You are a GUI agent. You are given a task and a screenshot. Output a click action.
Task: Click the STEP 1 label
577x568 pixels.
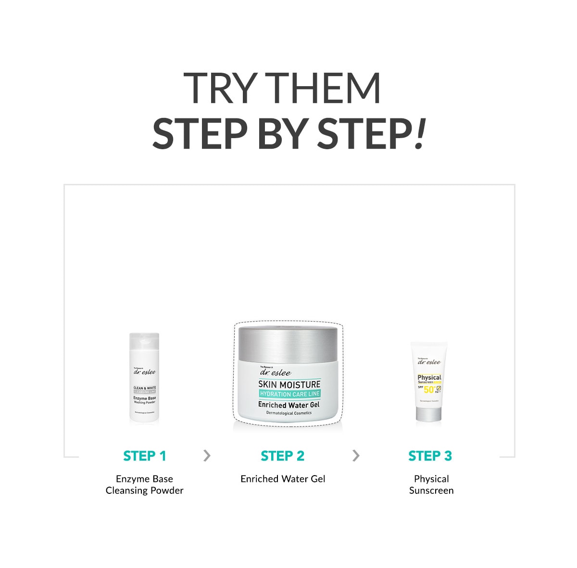[144, 456]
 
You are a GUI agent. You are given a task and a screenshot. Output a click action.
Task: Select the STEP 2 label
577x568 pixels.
[283, 456]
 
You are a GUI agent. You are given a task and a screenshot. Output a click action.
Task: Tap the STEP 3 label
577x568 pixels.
[430, 456]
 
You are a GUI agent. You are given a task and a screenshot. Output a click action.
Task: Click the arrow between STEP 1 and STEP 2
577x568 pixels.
[207, 455]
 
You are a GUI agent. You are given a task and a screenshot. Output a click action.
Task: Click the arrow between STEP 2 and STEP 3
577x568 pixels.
[356, 455]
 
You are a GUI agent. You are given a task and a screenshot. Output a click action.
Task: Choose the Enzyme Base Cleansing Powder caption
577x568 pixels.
[144, 485]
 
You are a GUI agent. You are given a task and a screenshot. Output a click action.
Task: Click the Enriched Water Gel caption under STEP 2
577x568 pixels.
[283, 479]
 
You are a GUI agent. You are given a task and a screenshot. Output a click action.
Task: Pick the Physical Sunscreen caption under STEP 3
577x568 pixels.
[431, 485]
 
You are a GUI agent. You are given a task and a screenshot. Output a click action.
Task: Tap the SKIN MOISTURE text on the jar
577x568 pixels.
[289, 384]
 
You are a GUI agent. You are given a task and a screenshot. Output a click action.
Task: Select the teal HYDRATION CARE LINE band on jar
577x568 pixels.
[289, 394]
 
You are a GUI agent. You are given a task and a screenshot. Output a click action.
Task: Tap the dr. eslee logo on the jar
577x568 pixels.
[275, 373]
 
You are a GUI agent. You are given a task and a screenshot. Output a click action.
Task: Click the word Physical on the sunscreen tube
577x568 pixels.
[429, 377]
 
